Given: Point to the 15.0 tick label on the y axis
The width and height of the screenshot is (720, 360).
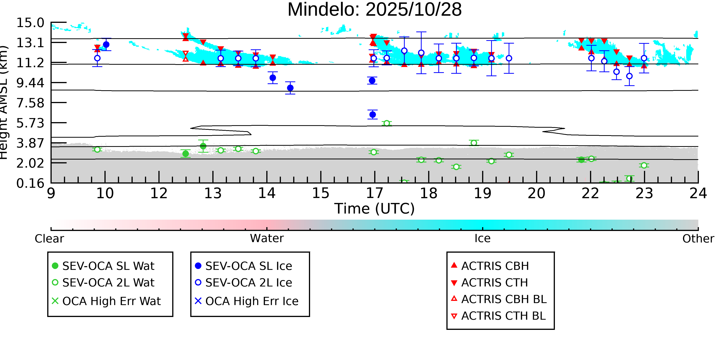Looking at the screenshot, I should pos(30,23).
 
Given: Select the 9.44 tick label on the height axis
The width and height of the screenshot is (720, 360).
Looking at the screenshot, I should pos(30,83).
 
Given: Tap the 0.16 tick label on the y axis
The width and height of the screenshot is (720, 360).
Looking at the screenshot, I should pos(30,183).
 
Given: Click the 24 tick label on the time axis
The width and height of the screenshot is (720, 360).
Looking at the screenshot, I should pos(698,193).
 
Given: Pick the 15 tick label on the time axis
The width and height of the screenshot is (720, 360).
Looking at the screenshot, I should pos(321,193).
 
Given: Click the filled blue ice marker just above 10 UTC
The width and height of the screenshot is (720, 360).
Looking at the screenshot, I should pos(106,44).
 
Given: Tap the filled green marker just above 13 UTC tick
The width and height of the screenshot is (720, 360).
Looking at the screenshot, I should pos(203,146).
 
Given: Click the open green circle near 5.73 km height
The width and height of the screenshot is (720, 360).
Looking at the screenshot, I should pos(386,123).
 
